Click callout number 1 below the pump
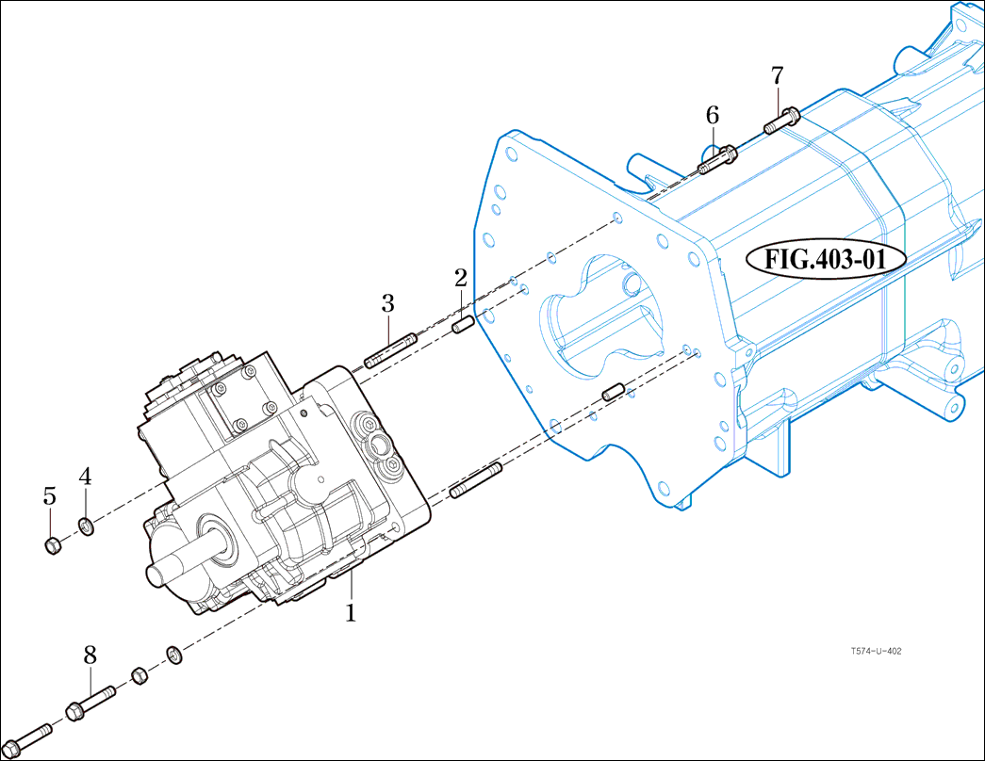(351, 613)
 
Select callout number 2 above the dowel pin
(460, 278)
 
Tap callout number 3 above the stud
(387, 303)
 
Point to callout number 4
(85, 477)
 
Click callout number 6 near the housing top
(713, 115)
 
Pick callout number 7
(777, 74)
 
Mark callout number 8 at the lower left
(90, 654)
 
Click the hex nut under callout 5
(53, 544)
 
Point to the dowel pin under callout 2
(462, 326)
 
